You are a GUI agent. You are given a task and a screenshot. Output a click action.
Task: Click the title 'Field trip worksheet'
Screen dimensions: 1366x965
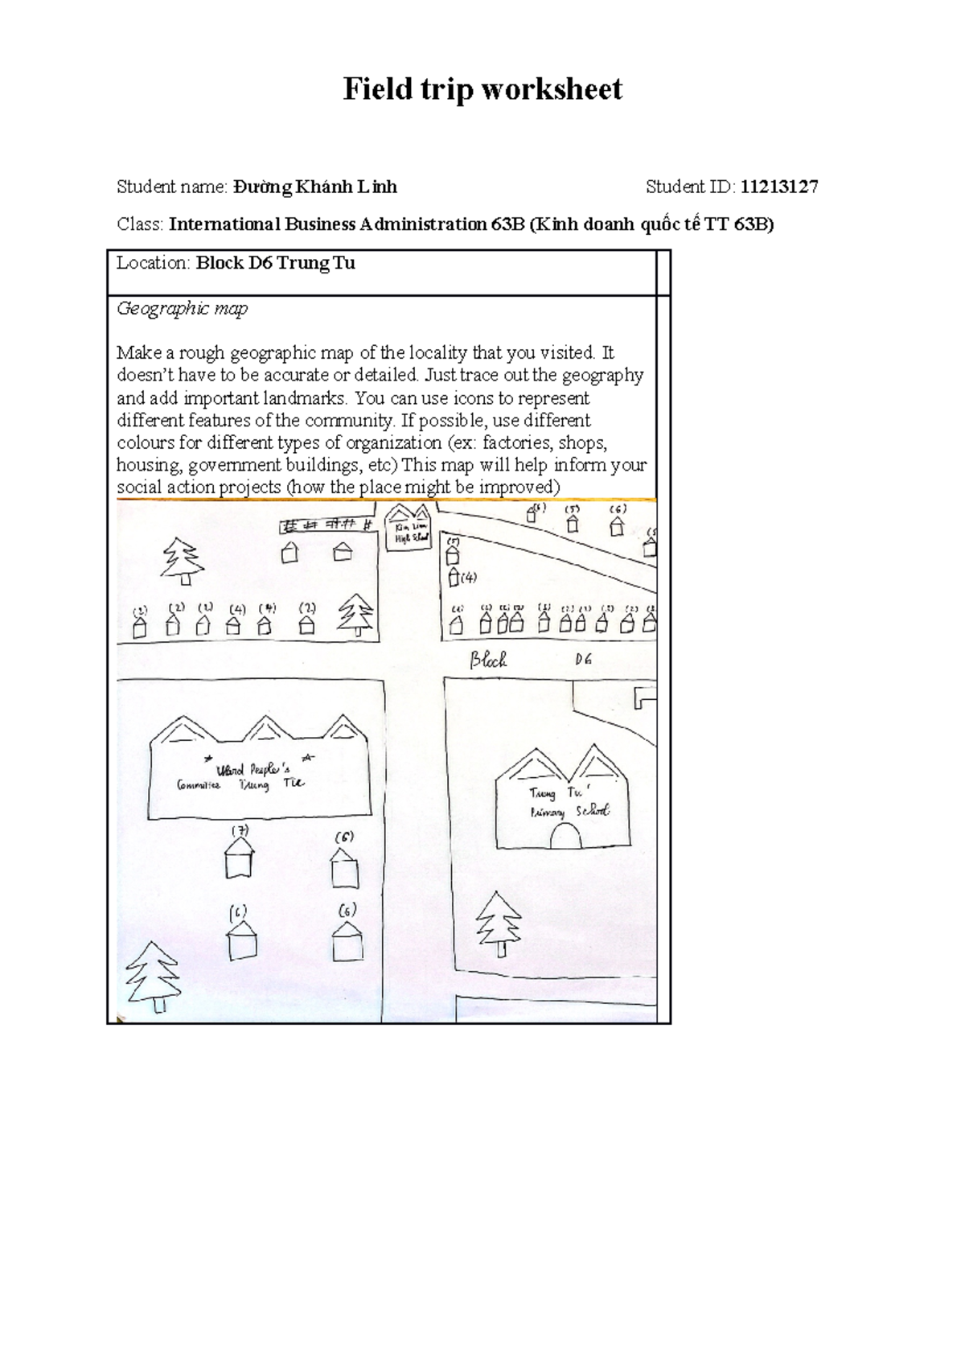point(482,89)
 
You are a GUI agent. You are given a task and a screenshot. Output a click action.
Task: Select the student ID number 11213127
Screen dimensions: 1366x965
point(778,187)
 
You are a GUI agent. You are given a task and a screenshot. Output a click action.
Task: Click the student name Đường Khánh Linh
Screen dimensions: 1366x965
point(314,187)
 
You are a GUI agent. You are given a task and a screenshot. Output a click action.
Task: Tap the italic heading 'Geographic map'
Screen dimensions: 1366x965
point(182,308)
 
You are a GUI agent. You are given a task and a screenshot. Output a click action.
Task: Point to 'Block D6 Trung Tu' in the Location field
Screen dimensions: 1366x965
point(275,263)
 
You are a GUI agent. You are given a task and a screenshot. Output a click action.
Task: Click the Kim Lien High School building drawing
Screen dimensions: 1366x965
point(409,529)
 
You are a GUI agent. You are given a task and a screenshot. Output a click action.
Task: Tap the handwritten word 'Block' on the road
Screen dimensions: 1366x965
point(488,660)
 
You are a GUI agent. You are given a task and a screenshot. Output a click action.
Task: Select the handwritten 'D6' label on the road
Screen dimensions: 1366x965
point(583,660)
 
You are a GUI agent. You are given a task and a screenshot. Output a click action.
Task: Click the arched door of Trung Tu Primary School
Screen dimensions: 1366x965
point(565,837)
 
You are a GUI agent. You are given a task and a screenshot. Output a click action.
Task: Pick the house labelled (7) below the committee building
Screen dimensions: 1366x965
point(239,857)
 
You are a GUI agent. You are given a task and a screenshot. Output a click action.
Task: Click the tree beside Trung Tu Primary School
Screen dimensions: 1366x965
point(499,923)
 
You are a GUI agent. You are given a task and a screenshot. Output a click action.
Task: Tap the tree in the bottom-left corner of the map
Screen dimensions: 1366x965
point(153,976)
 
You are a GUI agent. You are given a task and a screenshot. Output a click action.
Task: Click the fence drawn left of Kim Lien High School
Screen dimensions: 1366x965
point(327,525)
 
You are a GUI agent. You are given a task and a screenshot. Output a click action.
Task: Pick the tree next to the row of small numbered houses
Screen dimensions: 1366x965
point(355,615)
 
